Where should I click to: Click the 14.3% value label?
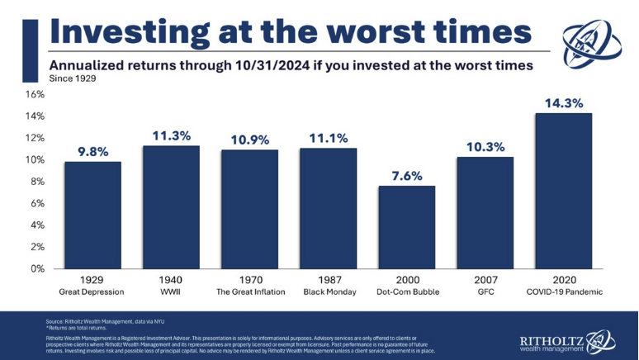(563, 104)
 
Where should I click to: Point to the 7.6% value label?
(406, 176)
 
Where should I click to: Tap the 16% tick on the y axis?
(34, 95)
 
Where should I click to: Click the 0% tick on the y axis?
(36, 268)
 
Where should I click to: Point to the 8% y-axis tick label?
(36, 182)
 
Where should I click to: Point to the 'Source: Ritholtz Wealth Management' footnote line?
(97, 320)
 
